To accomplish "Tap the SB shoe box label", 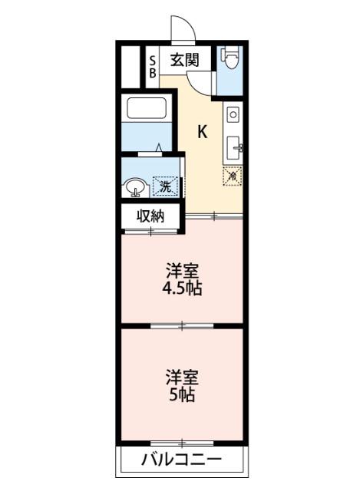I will coord(152,67).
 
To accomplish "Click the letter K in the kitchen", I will coord(202,131).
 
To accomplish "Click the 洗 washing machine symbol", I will coord(163,185).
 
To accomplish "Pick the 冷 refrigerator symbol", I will coord(232,175).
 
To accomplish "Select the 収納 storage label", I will coord(151,216).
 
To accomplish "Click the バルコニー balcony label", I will coord(182,460).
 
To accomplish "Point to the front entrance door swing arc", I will coord(181,29).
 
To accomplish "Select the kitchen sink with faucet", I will coord(234,145).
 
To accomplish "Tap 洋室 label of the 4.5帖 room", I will coord(182,271).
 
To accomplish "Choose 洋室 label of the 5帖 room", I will coord(182,377).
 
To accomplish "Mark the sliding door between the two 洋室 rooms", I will coord(182,327).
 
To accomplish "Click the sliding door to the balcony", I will coord(182,442).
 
